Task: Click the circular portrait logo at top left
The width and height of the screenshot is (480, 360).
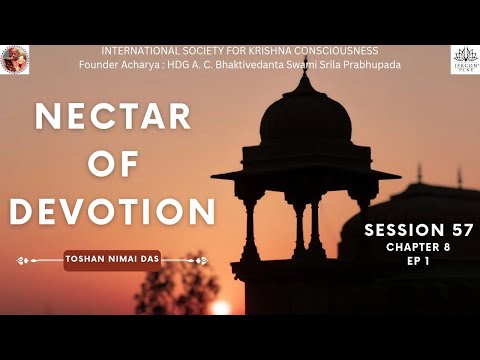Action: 15,59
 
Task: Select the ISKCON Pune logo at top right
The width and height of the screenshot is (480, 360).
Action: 464,57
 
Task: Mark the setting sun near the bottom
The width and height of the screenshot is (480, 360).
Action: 220,307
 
